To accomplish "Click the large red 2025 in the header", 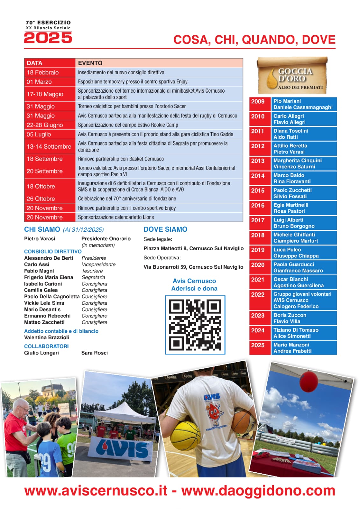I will point(48,38).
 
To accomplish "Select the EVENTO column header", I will point(90,63).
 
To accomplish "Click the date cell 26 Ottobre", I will point(41,199).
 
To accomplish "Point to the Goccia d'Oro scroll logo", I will point(292,76).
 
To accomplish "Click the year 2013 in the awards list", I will point(258,161).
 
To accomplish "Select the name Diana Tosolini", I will point(291,131).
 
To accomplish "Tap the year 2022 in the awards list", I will point(258,294).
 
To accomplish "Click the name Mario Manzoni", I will point(291,345).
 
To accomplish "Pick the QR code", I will point(195,325).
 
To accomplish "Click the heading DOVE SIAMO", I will point(165,229).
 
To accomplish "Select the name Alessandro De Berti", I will point(48,258).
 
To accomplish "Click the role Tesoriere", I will point(92,271).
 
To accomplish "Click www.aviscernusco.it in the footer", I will point(96,491).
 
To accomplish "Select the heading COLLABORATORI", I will point(47,346).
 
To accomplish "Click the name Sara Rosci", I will point(95,353).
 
